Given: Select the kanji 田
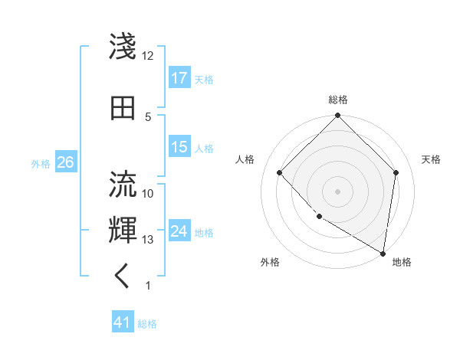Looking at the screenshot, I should click(x=123, y=106).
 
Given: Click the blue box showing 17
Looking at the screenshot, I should click(x=179, y=78).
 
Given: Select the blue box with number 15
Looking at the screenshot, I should click(x=179, y=147).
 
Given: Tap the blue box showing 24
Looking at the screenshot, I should click(x=179, y=231).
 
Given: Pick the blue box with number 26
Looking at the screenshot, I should click(x=65, y=162).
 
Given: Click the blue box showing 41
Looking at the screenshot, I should click(x=123, y=322).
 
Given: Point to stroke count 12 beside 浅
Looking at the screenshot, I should click(x=148, y=56).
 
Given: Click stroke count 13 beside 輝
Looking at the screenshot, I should click(x=148, y=240).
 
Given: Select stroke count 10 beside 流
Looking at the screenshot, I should click(x=148, y=194).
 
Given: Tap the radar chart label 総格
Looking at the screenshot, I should click(x=338, y=100).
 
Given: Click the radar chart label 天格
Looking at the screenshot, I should click(x=431, y=159).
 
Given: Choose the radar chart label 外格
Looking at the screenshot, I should click(x=270, y=262).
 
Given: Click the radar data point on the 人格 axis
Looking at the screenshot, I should click(x=280, y=172).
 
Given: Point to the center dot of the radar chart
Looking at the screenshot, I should click(x=337, y=191).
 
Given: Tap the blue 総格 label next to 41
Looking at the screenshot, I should click(x=147, y=324).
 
